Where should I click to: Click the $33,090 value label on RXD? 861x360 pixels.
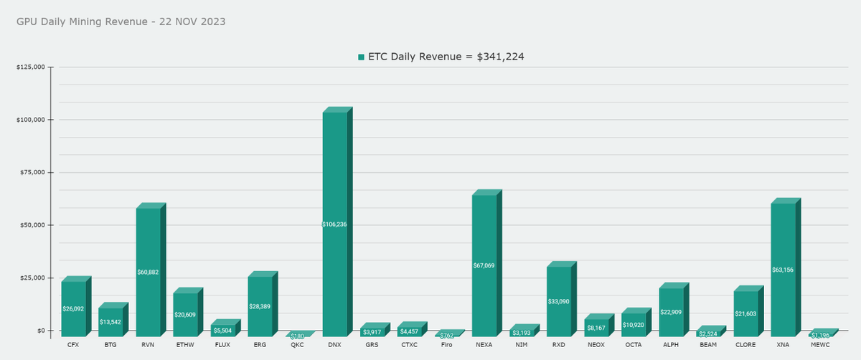click(x=558, y=301)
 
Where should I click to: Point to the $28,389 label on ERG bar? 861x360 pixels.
click(x=260, y=306)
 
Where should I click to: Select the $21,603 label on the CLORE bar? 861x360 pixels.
click(x=745, y=314)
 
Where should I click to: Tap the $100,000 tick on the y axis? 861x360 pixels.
click(x=31, y=120)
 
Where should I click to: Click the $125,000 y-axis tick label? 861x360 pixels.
click(x=31, y=67)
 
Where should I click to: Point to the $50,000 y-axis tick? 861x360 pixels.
click(x=32, y=225)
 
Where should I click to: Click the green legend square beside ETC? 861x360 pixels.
click(x=362, y=57)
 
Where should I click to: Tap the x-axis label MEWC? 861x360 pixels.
click(x=820, y=345)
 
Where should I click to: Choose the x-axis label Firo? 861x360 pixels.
click(x=446, y=345)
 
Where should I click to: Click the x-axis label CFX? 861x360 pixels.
click(x=73, y=345)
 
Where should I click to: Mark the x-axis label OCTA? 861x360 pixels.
click(x=633, y=345)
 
